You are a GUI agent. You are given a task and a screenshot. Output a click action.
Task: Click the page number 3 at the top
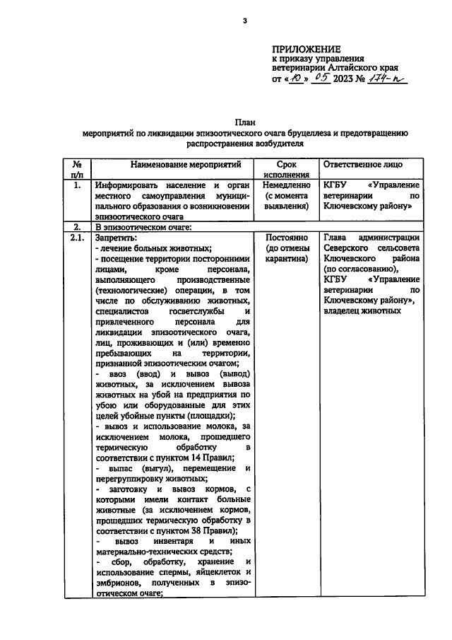point(244,20)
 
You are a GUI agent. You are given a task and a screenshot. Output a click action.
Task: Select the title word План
point(244,121)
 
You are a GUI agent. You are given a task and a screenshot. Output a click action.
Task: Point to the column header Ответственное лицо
point(362,164)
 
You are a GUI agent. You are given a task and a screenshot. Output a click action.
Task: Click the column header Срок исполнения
point(286,170)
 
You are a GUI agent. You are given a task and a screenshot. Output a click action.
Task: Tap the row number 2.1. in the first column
point(77,238)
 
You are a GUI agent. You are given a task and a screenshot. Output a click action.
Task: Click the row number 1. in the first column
point(77,185)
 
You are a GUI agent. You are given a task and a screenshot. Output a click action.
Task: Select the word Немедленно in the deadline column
point(286,185)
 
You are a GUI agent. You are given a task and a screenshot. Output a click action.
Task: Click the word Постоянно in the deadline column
point(286,238)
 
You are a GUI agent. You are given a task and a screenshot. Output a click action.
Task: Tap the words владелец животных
point(357,312)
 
